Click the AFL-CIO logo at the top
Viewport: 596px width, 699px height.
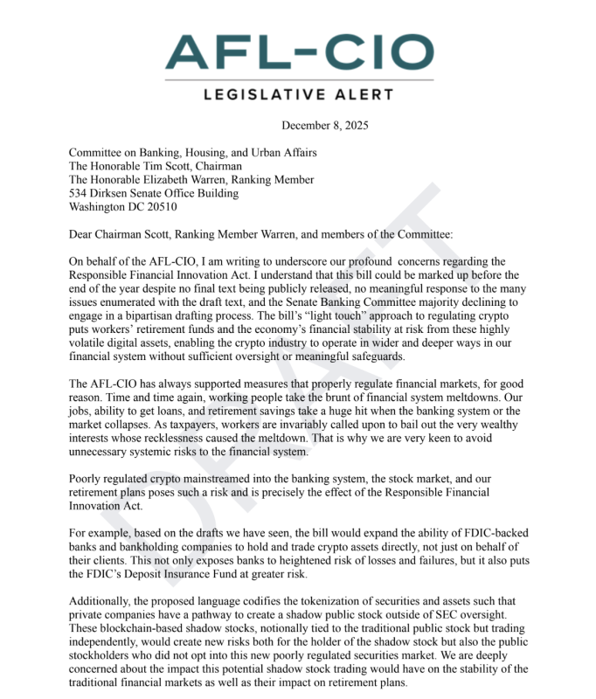[x=299, y=52]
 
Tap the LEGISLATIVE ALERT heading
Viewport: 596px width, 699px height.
[x=299, y=96]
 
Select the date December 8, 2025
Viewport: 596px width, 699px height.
[x=325, y=125]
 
